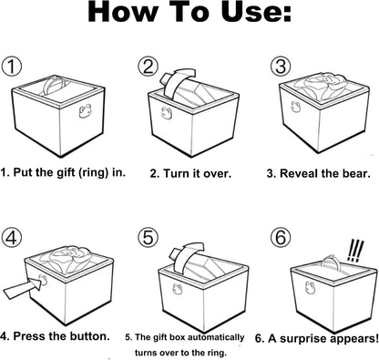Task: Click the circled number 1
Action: coord(12,67)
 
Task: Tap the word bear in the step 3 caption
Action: coord(351,170)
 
